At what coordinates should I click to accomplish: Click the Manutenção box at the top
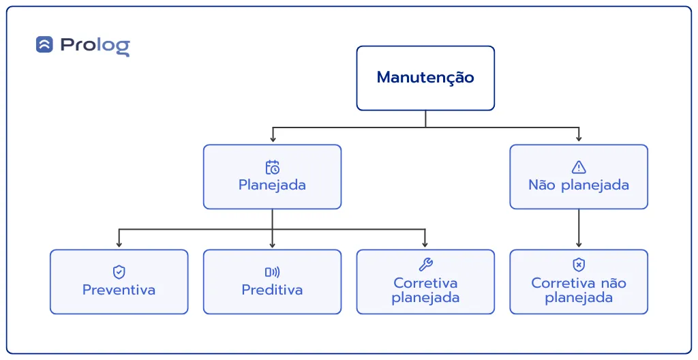pos(425,78)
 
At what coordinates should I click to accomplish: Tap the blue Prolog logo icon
pos(44,44)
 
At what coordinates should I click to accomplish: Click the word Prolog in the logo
pos(95,46)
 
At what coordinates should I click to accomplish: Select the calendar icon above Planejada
pos(273,167)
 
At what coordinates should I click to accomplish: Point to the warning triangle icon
pos(579,167)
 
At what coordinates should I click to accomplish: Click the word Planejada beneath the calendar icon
pos(273,185)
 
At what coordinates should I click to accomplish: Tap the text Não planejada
pos(579,185)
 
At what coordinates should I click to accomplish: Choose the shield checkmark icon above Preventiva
pos(119,272)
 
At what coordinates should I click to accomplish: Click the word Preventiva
pos(119,290)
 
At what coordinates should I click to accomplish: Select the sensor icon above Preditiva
pos(273,272)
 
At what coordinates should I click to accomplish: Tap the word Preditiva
pos(273,290)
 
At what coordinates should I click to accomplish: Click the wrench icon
pos(425,265)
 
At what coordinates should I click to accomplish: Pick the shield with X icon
pos(579,265)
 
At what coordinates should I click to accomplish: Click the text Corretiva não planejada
pos(579,290)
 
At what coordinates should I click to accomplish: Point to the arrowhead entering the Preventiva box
pos(119,244)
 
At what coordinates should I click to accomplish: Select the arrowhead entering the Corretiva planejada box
pos(425,244)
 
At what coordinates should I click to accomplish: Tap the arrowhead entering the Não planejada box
pos(579,138)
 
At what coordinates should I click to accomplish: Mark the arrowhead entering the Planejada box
pos(273,139)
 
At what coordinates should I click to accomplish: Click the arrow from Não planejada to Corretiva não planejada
pos(579,228)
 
